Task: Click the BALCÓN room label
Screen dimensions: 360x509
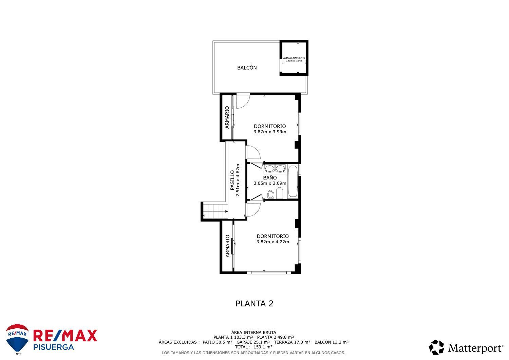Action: point(247,68)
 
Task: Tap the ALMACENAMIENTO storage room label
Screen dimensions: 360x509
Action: point(294,58)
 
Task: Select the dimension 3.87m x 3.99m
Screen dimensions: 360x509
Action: point(270,132)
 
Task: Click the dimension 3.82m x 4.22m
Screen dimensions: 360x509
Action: point(272,242)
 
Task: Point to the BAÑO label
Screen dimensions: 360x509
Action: point(270,178)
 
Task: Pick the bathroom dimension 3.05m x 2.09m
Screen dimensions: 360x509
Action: point(270,184)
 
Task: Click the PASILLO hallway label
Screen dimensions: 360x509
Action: point(232,180)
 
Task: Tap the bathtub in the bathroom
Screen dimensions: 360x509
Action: point(293,182)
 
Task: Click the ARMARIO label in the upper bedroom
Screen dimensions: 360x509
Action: point(227,118)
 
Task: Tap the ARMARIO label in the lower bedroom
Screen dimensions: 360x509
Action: point(227,246)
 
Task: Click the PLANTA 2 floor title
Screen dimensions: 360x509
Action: point(254,304)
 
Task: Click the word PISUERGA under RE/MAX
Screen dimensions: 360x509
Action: point(54,347)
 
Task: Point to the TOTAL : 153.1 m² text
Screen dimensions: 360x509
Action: point(253,347)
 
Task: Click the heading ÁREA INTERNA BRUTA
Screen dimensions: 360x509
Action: point(253,333)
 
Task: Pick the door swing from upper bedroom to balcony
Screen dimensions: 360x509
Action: point(242,101)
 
